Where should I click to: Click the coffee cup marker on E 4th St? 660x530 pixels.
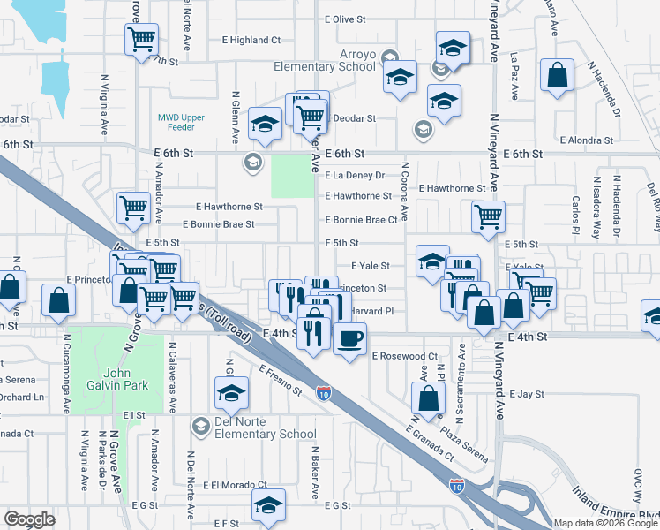pos(349,338)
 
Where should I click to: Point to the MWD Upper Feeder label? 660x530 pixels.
pos(181,123)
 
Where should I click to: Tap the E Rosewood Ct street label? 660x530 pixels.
pos(405,356)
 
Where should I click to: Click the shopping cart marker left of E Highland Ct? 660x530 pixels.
pos(141,39)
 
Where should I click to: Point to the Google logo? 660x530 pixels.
pos(29,519)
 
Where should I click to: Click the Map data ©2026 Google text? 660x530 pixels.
pos(605,523)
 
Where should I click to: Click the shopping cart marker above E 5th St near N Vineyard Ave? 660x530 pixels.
pos(487,216)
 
